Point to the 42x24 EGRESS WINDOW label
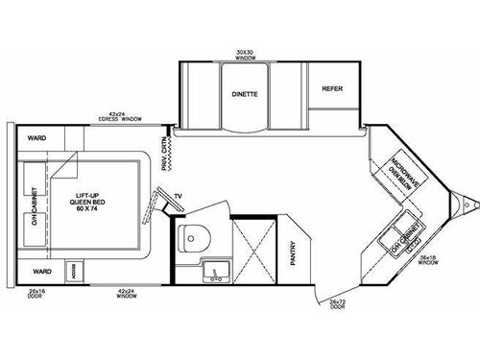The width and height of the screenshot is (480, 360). [x=120, y=117]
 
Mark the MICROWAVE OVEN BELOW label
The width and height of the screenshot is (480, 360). [x=396, y=170]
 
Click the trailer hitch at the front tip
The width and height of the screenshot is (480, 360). [x=467, y=204]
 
